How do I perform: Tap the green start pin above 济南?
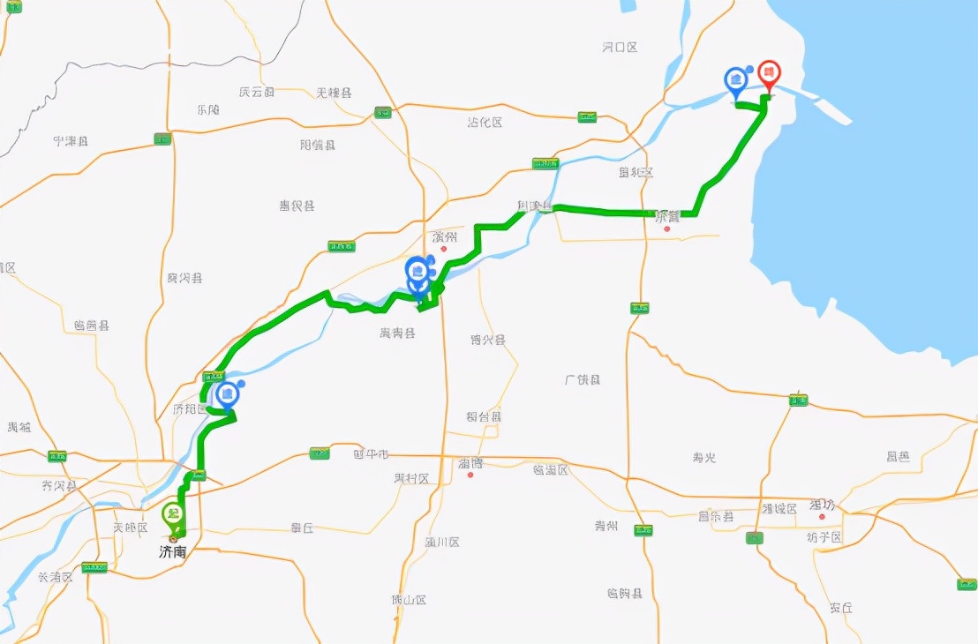point(174,513)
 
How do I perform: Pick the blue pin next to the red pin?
point(735,80)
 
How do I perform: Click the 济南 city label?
point(173,552)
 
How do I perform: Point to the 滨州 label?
point(445,237)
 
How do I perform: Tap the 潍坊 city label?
point(822,505)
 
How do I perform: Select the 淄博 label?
point(470,462)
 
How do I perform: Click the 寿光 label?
point(704,457)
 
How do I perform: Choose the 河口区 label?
point(620,47)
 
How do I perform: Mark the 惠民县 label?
point(297,206)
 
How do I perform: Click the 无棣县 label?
point(334,93)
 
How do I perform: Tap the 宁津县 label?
point(70,140)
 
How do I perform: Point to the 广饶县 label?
point(583,379)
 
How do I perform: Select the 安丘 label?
point(840,608)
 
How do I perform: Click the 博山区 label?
point(409,600)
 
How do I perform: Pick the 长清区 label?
point(55,577)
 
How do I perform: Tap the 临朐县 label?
point(625,593)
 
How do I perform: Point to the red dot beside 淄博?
point(470,476)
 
